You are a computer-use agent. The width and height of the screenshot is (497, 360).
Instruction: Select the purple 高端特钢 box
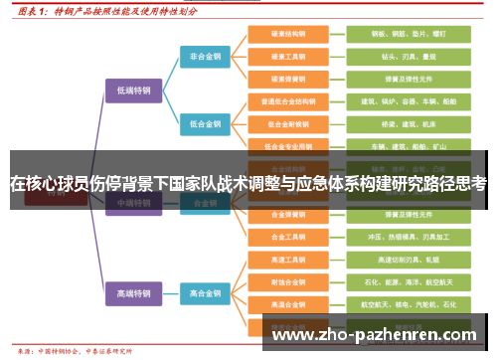pos(133,293)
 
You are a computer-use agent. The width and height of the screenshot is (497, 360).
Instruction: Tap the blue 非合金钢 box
pos(206,57)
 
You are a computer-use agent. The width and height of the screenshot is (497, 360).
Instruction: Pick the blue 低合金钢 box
pos(206,124)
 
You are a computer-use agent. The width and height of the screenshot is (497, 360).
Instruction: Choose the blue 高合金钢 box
pos(206,293)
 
